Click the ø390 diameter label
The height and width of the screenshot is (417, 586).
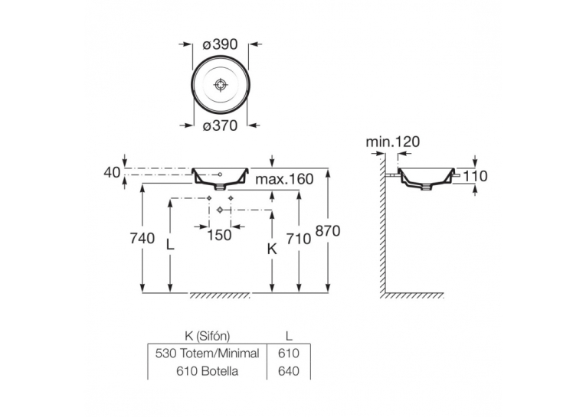click(220, 44)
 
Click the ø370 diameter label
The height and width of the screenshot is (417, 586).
click(220, 125)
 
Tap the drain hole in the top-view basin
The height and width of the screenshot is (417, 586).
click(220, 84)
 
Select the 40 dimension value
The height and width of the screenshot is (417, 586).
click(112, 172)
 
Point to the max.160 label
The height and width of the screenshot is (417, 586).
click(284, 179)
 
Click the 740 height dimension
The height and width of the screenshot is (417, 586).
click(142, 238)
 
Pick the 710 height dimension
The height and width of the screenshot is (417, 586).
click(298, 239)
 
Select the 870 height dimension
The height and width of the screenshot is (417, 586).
click(328, 231)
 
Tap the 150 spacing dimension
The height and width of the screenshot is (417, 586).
click(219, 235)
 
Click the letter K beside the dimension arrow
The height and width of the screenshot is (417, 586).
click(272, 249)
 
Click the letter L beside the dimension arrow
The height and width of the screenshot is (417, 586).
click(170, 245)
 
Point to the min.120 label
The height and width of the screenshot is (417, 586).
click(393, 142)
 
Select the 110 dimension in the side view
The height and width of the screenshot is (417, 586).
click(475, 176)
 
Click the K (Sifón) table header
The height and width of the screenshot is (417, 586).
click(208, 336)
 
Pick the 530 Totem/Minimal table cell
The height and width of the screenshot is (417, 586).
click(208, 353)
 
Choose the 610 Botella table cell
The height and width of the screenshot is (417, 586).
click(207, 371)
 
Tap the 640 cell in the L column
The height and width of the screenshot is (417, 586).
click(289, 371)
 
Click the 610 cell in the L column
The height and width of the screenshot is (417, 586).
click(289, 353)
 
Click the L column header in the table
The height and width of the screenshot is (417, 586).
click(289, 336)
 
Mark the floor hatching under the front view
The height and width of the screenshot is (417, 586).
click(220, 295)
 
